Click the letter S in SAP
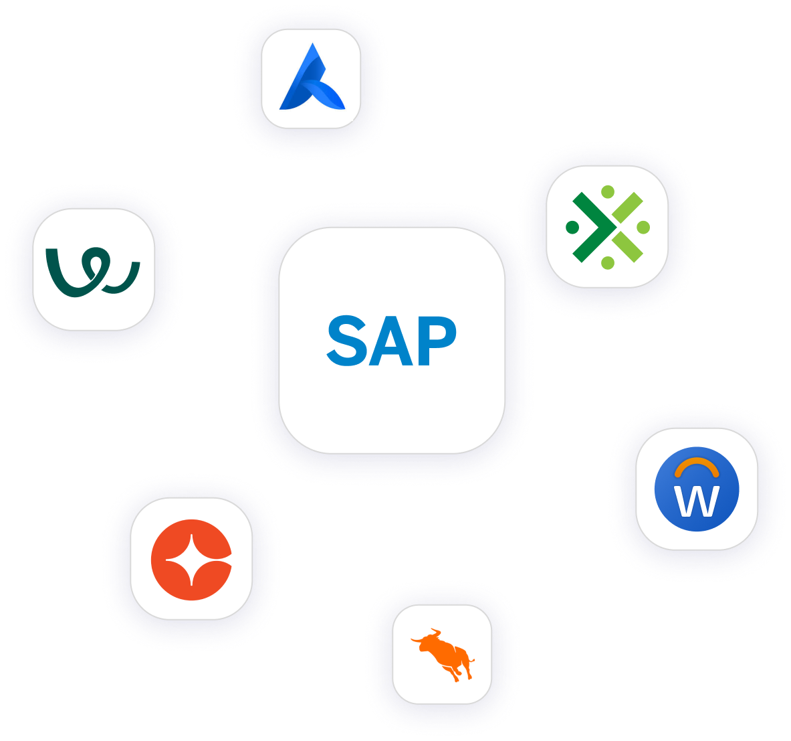349,341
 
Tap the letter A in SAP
390,341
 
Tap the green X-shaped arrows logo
607,227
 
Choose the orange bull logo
443,654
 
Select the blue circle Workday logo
697,489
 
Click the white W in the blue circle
697,501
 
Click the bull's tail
472,664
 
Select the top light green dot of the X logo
608,192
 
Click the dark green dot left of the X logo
572,228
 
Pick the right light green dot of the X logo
643,228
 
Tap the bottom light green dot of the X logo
608,263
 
